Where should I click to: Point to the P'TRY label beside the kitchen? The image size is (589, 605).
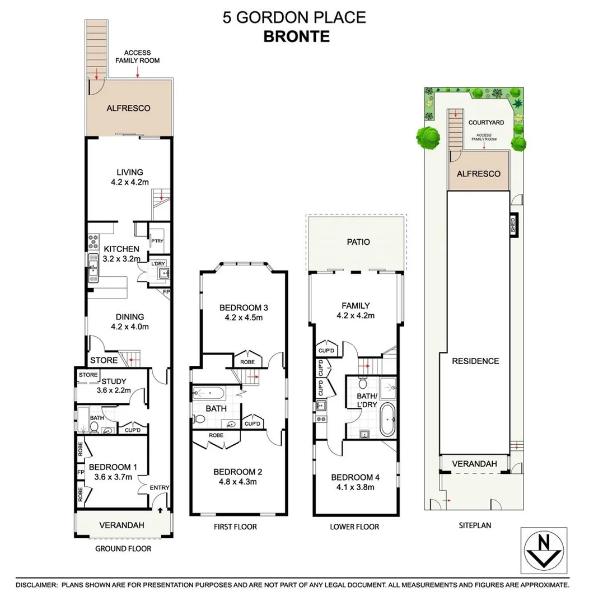[156, 241]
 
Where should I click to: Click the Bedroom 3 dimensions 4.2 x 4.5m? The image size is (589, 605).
[240, 318]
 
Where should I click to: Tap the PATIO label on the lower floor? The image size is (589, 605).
[358, 242]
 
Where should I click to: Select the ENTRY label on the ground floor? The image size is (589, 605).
[159, 488]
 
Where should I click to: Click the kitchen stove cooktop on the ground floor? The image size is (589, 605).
[92, 241]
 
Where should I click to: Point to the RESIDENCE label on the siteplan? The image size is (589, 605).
[475, 361]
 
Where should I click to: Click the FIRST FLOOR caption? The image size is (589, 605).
[235, 527]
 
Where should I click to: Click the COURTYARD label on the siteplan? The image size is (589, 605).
[486, 122]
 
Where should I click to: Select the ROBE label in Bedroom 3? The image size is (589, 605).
[246, 362]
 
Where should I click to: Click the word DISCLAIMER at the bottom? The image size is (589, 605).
[37, 584]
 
